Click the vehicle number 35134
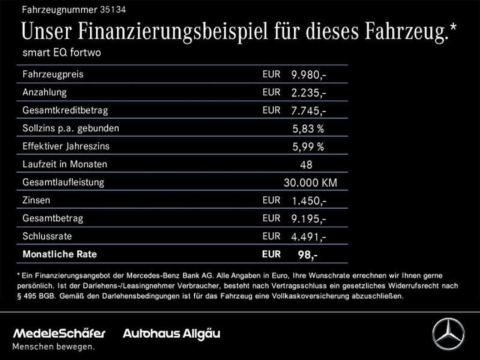tap(115, 10)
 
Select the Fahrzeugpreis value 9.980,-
tap(308, 75)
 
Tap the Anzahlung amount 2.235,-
tap(308, 93)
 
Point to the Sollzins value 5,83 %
tap(308, 128)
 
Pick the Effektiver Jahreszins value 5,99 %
tap(308, 146)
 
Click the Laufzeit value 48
tap(305, 164)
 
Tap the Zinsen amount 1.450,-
tap(308, 200)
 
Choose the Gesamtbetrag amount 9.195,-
tap(308, 218)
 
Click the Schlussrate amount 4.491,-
tap(308, 236)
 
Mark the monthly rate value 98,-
tap(308, 254)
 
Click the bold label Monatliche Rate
tap(59, 254)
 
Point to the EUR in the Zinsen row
tap(271, 200)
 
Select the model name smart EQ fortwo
tap(62, 53)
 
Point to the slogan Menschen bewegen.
tap(54, 346)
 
